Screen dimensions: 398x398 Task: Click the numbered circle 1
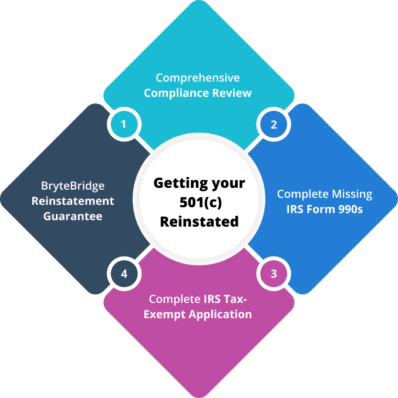pyautogui.click(x=123, y=124)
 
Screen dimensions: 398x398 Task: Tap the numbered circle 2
pyautogui.click(x=274, y=124)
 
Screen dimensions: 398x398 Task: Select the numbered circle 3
pyautogui.click(x=274, y=273)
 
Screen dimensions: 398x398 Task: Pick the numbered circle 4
pyautogui.click(x=123, y=273)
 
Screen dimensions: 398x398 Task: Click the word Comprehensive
pyautogui.click(x=198, y=78)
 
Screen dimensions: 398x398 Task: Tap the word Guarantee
pyautogui.click(x=73, y=216)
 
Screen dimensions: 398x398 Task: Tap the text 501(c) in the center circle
pyautogui.click(x=198, y=202)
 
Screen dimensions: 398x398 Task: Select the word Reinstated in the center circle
pyautogui.click(x=199, y=221)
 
